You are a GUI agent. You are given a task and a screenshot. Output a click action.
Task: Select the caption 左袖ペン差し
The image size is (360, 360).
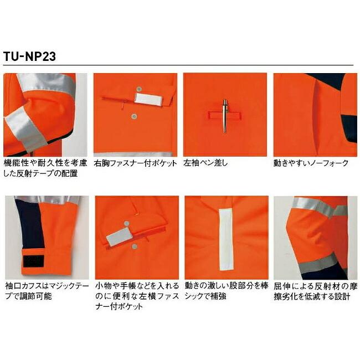click(x=205, y=163)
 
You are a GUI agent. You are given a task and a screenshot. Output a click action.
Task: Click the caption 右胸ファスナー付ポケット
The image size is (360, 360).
click(x=135, y=163)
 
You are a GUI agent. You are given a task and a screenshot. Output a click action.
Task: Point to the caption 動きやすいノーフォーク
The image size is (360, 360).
click(x=311, y=163)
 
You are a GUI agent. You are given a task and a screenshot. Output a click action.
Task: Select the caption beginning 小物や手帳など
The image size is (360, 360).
click(x=135, y=296)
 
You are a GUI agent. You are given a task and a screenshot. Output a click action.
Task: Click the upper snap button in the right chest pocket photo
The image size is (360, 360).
click(x=138, y=88)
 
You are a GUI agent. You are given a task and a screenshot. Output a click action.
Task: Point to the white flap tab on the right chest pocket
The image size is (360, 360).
click(x=150, y=99)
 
